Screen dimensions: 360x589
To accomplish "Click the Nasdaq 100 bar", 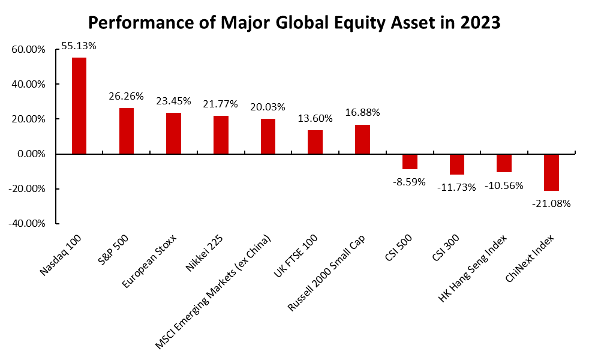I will pyautogui.click(x=79, y=106).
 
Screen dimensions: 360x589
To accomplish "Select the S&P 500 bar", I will pyautogui.click(x=127, y=131).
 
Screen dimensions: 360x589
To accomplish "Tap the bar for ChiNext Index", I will pyautogui.click(x=551, y=172).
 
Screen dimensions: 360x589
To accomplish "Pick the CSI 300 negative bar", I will pyautogui.click(x=457, y=164).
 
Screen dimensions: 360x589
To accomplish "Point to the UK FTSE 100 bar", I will pyautogui.click(x=315, y=142).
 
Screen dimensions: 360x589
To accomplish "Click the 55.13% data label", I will pyautogui.click(x=79, y=45).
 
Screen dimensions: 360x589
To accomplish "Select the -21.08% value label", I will pyautogui.click(x=551, y=203).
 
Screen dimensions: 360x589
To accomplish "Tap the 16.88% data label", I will pyautogui.click(x=362, y=112).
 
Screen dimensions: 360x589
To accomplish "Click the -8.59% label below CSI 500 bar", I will pyautogui.click(x=410, y=181).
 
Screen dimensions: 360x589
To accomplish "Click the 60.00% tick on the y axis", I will pyautogui.click(x=29, y=50).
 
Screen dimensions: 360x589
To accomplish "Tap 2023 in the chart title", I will pyautogui.click(x=478, y=23).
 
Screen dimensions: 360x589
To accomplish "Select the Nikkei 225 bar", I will pyautogui.click(x=221, y=135).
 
